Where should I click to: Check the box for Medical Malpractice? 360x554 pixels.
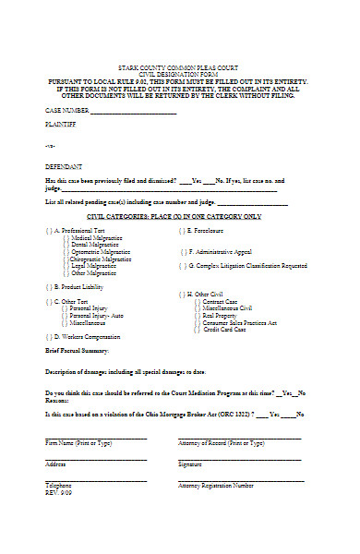point(66,237)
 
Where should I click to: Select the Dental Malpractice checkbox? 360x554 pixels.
point(66,245)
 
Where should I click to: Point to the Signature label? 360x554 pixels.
point(191,464)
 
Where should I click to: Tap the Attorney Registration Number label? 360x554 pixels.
point(216,485)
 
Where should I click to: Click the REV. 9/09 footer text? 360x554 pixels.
point(57,491)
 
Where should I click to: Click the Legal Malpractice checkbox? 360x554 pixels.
point(66,266)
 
